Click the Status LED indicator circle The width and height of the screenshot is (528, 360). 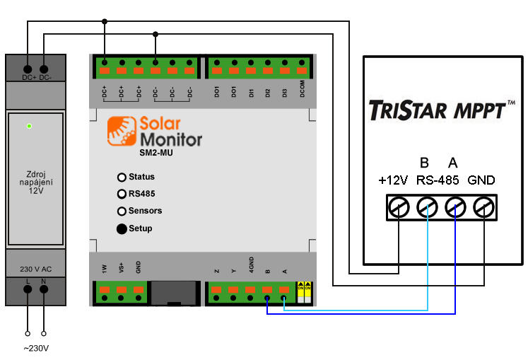122,177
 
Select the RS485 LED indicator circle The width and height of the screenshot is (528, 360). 122,194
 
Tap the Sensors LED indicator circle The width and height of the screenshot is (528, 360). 122,211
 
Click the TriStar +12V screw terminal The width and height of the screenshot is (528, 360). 399,208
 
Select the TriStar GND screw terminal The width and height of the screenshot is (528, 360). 483,208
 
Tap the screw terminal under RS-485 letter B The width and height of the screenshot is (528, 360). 428,208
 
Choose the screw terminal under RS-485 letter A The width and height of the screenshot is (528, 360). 456,208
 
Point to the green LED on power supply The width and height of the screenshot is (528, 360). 29,126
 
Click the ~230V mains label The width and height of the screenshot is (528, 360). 36,348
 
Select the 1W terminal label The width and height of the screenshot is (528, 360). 105,268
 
